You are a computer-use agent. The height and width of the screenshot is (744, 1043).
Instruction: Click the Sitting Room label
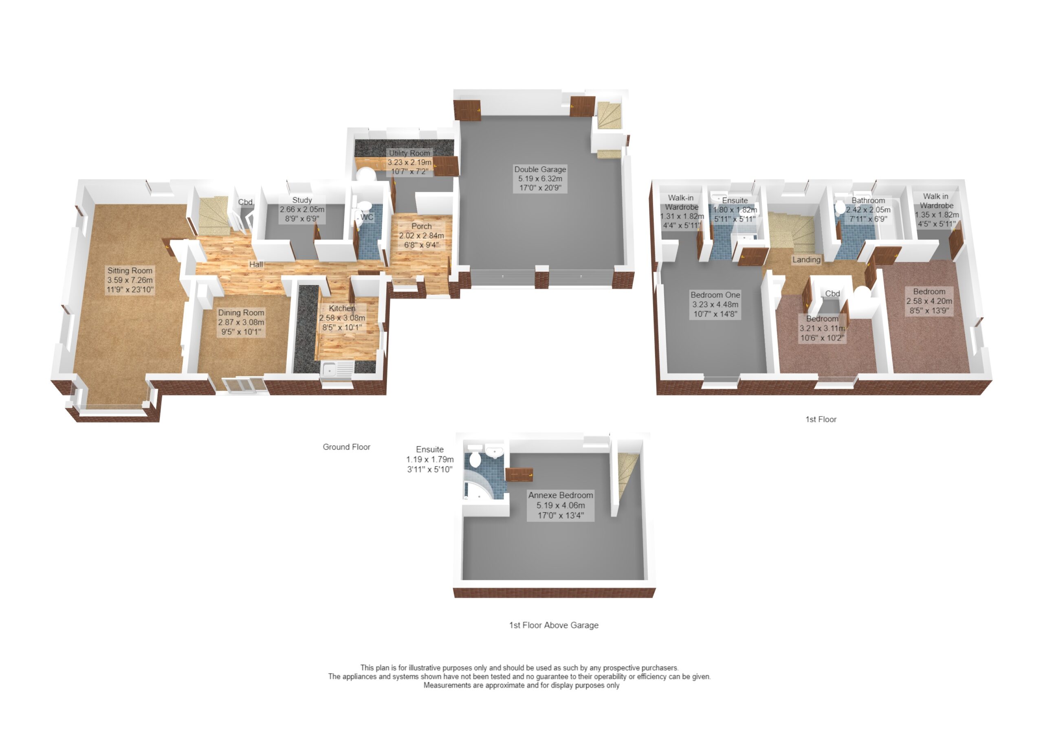click(130, 271)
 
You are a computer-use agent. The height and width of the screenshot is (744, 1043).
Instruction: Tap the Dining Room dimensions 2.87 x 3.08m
click(241, 322)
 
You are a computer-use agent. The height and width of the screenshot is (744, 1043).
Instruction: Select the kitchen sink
click(337, 369)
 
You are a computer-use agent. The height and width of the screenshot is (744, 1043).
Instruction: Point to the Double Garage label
click(540, 169)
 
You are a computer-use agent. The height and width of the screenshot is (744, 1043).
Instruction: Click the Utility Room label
click(410, 153)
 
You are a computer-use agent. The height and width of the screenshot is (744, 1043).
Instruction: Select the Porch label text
click(422, 226)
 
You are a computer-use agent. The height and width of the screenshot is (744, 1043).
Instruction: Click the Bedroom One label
click(715, 295)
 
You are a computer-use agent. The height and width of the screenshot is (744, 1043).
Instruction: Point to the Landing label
click(807, 260)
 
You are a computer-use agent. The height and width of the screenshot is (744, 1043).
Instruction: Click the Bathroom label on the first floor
click(868, 201)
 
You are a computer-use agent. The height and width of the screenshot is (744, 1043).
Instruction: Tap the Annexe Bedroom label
click(561, 495)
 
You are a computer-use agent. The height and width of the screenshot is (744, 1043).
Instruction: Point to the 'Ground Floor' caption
click(346, 447)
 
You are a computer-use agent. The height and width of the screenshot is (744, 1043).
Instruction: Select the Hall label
click(256, 264)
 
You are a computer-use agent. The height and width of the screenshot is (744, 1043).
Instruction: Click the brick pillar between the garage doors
click(541, 277)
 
